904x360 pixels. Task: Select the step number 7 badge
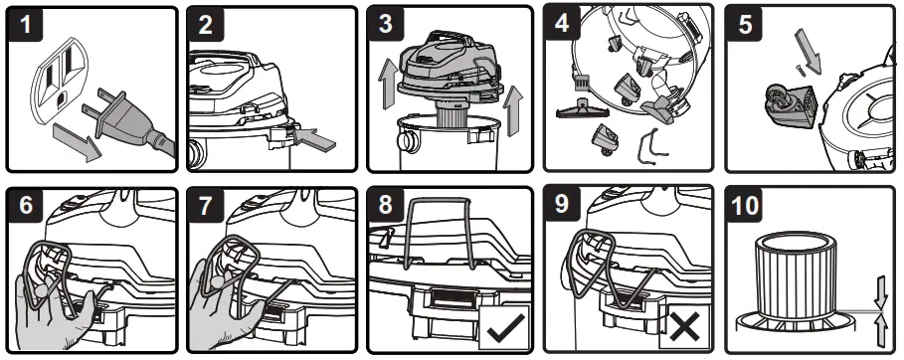click(205, 206)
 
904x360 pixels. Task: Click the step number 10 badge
click(744, 206)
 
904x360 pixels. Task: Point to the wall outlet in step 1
click(59, 79)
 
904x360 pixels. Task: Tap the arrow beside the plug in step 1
click(78, 140)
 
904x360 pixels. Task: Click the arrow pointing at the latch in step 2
click(314, 139)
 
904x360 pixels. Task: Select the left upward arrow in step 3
click(385, 87)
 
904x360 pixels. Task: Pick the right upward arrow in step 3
click(512, 110)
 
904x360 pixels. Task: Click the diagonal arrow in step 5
click(808, 51)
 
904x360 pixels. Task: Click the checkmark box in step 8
click(504, 328)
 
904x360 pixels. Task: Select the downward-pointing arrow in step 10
click(880, 293)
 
